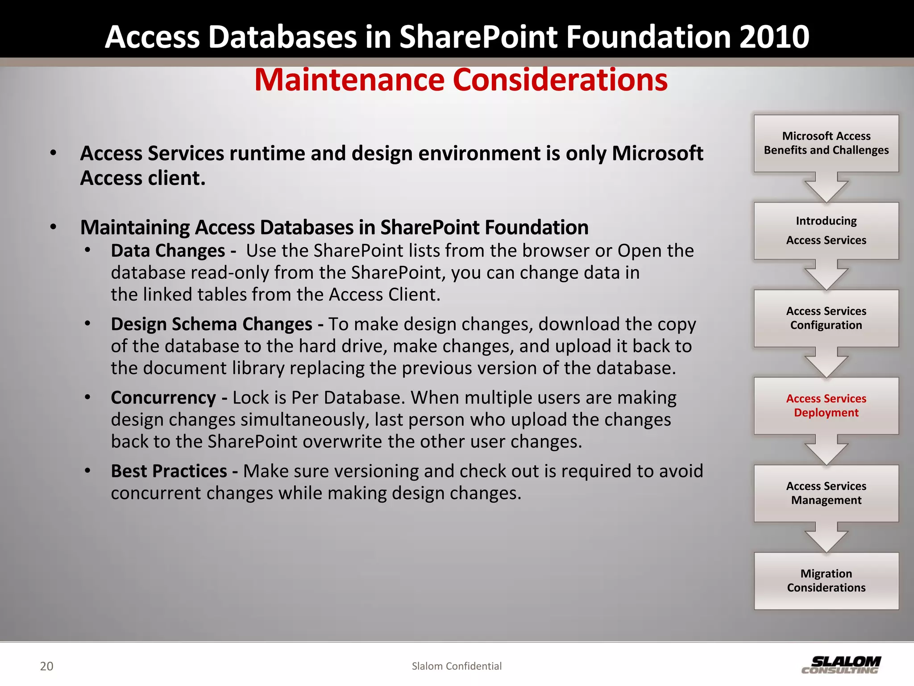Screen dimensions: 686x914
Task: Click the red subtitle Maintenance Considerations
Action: coord(461,80)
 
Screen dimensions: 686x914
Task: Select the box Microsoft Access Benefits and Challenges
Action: coord(826,143)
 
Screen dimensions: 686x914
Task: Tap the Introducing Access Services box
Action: coord(826,230)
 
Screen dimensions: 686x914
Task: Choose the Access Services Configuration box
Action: coord(826,318)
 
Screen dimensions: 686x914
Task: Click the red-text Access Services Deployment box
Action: coord(826,406)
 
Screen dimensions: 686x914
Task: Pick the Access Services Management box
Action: coord(826,493)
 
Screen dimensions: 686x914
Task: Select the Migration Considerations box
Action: coord(826,581)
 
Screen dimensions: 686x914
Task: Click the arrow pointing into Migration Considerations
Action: coord(826,539)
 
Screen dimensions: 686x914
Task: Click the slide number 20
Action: coord(46,666)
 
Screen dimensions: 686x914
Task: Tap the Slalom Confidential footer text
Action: coord(457,666)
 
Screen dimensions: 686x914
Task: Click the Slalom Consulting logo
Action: coord(841,665)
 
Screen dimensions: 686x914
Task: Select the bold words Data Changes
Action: coord(168,251)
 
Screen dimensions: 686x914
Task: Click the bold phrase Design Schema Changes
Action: coord(212,324)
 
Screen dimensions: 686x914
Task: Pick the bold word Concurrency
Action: coord(163,397)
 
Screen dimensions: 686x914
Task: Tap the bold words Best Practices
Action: coord(169,471)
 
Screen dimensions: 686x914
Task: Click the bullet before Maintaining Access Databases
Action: coord(54,227)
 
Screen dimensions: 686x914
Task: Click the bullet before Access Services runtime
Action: coord(54,153)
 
